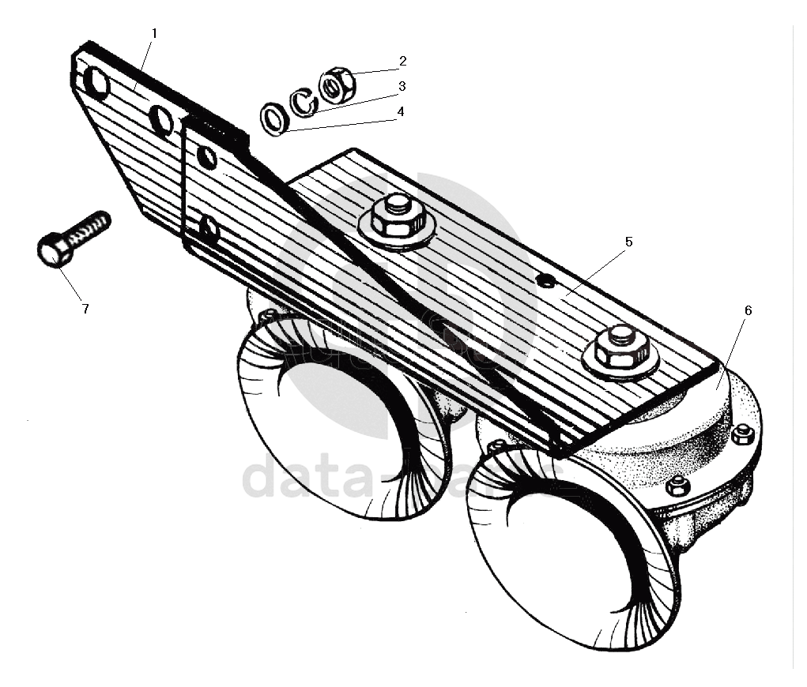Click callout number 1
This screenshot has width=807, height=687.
click(x=154, y=33)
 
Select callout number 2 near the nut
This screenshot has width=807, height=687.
click(x=402, y=61)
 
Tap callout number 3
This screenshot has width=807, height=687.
click(x=402, y=85)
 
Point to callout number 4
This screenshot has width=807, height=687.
click(x=401, y=112)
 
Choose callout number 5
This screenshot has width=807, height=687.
click(x=628, y=242)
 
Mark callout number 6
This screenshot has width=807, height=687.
click(x=748, y=310)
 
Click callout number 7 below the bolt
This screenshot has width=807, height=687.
click(x=85, y=309)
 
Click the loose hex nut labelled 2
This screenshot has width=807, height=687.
click(x=337, y=84)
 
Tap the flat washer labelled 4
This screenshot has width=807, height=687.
click(x=275, y=119)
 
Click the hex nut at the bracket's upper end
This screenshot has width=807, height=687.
click(x=397, y=216)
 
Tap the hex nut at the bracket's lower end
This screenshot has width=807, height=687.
click(x=621, y=347)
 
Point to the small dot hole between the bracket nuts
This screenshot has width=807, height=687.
click(x=544, y=280)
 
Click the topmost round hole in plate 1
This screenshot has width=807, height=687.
click(x=96, y=82)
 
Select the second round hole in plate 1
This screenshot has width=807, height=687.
click(x=160, y=121)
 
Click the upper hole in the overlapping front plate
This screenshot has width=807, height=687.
click(x=206, y=158)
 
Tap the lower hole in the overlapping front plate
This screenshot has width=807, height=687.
click(x=209, y=230)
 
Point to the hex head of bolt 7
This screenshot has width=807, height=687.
click(x=53, y=250)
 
